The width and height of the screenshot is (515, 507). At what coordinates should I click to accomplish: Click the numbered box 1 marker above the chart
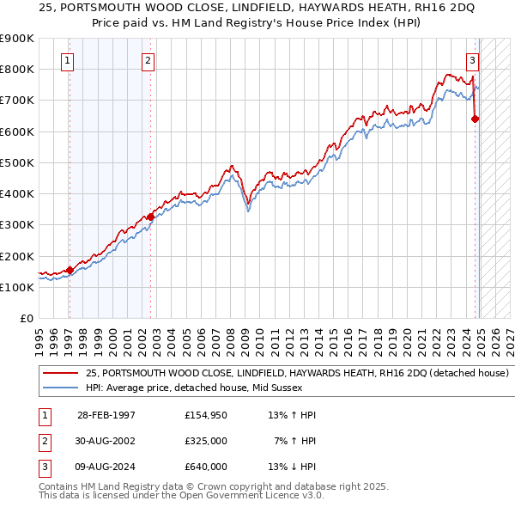(68, 60)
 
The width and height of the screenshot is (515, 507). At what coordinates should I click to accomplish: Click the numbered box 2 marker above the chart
(148, 60)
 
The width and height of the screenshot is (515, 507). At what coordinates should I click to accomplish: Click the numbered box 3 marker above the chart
(472, 60)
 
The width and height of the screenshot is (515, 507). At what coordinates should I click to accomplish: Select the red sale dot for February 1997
(70, 270)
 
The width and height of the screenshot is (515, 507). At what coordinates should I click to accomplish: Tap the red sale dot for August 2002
(150, 217)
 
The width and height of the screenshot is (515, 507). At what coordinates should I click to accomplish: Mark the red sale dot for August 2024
(476, 119)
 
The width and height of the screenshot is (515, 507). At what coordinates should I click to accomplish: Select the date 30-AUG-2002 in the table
(106, 441)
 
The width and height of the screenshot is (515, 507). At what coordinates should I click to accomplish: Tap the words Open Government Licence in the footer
(249, 495)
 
